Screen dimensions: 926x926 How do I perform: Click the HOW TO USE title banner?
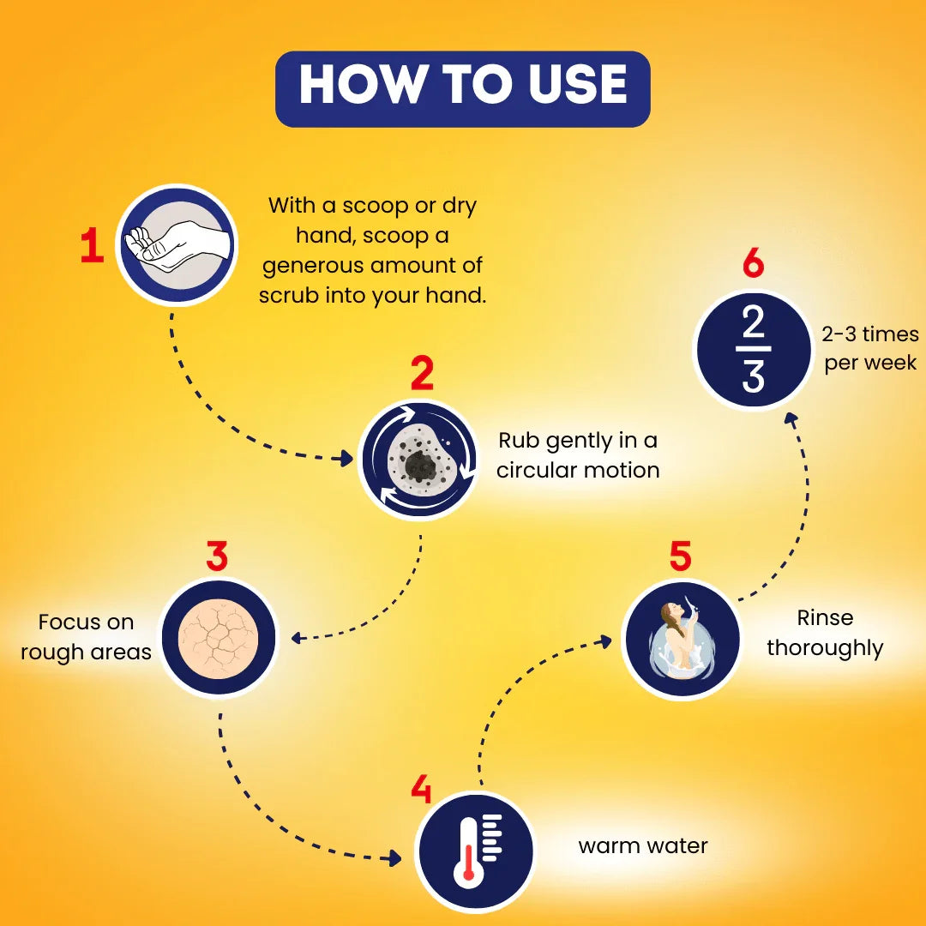(x=462, y=89)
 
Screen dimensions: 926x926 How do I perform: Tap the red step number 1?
(x=92, y=246)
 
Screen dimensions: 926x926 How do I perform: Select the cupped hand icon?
(x=177, y=245)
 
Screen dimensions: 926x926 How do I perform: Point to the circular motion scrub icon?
(x=418, y=460)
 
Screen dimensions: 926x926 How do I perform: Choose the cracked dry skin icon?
(x=218, y=639)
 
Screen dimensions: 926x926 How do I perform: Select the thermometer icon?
(x=474, y=851)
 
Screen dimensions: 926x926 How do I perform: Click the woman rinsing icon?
(x=681, y=640)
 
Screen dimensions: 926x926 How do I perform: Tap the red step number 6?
(x=753, y=263)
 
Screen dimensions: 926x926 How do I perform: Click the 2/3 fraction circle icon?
(x=753, y=349)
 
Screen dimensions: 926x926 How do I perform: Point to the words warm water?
(x=643, y=846)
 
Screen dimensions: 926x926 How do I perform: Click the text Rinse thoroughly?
(x=825, y=633)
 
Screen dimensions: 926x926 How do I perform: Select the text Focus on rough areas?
(x=87, y=636)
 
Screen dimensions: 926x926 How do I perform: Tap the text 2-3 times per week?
(x=870, y=348)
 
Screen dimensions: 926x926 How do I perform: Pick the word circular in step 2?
(x=535, y=470)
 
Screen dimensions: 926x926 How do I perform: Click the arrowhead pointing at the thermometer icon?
(x=395, y=857)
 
